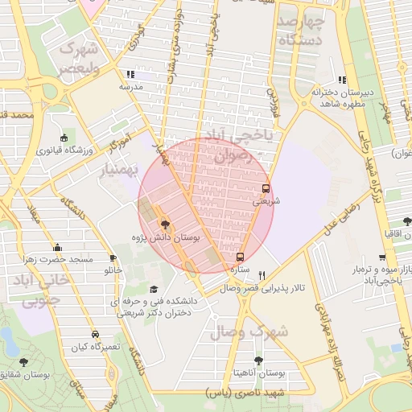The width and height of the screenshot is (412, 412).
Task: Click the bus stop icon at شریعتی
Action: pos(266,189)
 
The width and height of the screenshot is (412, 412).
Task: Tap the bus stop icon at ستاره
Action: pos(241,257)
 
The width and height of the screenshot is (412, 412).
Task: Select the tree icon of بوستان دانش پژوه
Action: pos(165,225)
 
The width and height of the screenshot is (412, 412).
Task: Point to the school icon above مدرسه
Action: pos(142,73)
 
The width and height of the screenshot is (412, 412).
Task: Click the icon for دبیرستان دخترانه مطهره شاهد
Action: pos(342,80)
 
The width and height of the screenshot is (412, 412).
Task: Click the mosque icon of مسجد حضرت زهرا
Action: pos(57,247)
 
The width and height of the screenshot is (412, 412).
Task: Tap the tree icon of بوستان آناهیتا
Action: pos(258,360)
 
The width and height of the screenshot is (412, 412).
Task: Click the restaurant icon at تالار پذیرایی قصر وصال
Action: pos(262,274)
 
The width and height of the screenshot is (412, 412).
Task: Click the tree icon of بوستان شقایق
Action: pos(23,362)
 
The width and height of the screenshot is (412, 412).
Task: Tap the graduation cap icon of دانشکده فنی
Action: pos(154,290)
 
